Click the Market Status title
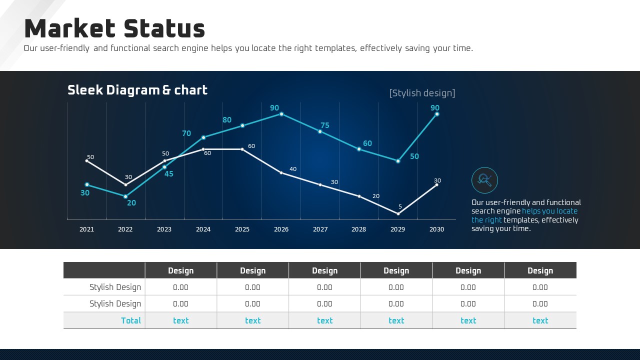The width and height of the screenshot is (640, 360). (114, 28)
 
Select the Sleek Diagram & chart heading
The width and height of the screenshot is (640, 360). (137, 90)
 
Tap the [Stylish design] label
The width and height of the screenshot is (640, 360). (422, 93)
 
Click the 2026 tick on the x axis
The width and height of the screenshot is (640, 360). (281, 229)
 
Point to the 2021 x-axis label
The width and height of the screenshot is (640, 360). (86, 229)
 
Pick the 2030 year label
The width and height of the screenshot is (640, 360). (436, 229)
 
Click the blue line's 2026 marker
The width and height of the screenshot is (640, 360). (281, 114)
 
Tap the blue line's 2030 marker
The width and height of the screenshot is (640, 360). (437, 114)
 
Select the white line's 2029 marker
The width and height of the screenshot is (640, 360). (398, 213)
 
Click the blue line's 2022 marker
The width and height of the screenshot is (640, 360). (125, 196)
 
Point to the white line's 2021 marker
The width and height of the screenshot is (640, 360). (87, 160)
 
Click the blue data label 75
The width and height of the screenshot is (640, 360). (325, 125)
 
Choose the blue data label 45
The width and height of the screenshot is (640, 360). (169, 174)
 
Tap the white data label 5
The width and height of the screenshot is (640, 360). (400, 206)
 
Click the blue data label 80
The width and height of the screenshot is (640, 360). (227, 120)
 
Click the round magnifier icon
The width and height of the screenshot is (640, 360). (484, 180)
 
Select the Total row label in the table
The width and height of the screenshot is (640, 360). (131, 320)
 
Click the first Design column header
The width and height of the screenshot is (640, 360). (180, 270)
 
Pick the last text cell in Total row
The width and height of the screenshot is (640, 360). (540, 320)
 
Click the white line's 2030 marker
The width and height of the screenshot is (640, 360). (436, 185)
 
